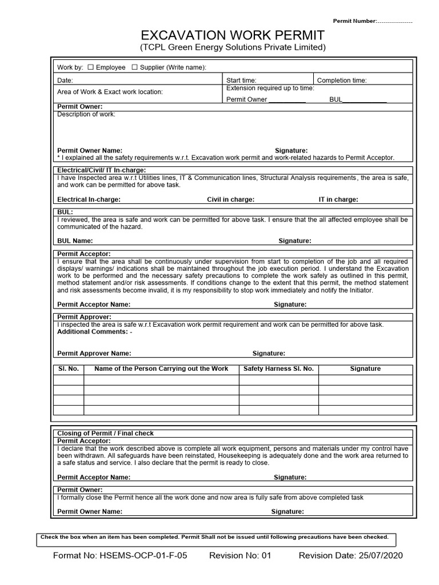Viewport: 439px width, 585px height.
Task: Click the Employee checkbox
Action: [x=90, y=67]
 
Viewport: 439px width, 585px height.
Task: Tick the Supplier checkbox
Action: [x=135, y=67]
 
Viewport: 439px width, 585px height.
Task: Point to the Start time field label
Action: [x=241, y=81]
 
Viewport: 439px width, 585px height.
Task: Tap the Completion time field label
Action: [x=342, y=81]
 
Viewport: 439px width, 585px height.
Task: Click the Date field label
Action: [x=65, y=81]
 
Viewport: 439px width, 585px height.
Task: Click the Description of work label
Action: [x=86, y=114]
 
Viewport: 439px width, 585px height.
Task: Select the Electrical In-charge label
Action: [x=89, y=199]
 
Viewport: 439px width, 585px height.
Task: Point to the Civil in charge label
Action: [x=230, y=199]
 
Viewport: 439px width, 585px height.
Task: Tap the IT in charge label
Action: [x=338, y=199]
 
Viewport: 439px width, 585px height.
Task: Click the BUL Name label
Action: [x=75, y=241]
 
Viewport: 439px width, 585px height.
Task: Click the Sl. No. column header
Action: [x=69, y=369]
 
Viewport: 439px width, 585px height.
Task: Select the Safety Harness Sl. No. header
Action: [x=278, y=369]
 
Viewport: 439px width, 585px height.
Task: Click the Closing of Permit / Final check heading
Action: [x=106, y=434]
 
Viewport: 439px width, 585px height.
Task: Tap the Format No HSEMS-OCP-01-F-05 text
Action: [x=120, y=556]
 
